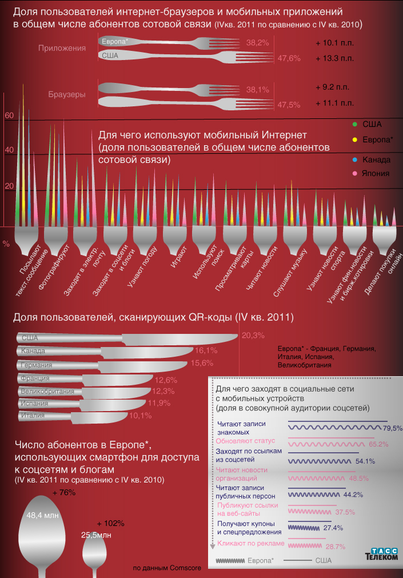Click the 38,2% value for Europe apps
pos(257,43)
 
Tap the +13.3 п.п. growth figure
pos(334,58)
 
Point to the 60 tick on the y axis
pos(9,115)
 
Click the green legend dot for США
pos(356,123)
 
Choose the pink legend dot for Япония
pos(356,173)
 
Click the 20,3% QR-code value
pos(253,335)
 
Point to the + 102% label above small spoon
pos(110,523)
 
